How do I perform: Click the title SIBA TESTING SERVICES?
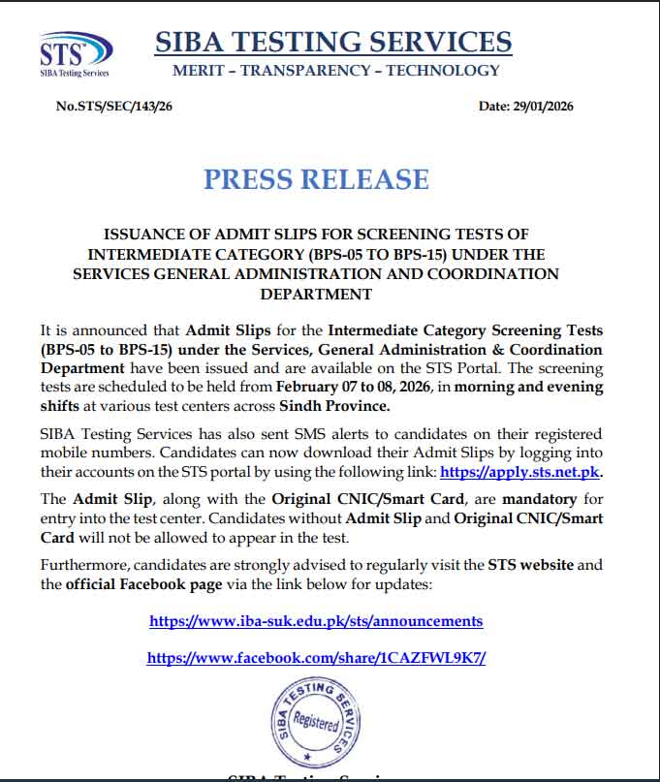(333, 42)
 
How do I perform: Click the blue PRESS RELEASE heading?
(316, 179)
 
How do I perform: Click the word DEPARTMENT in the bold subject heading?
(316, 294)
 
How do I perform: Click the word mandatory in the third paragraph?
(536, 499)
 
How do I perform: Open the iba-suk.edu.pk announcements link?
(316, 620)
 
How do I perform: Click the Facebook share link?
(316, 657)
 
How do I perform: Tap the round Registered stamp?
(315, 719)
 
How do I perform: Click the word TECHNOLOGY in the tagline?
(443, 70)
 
